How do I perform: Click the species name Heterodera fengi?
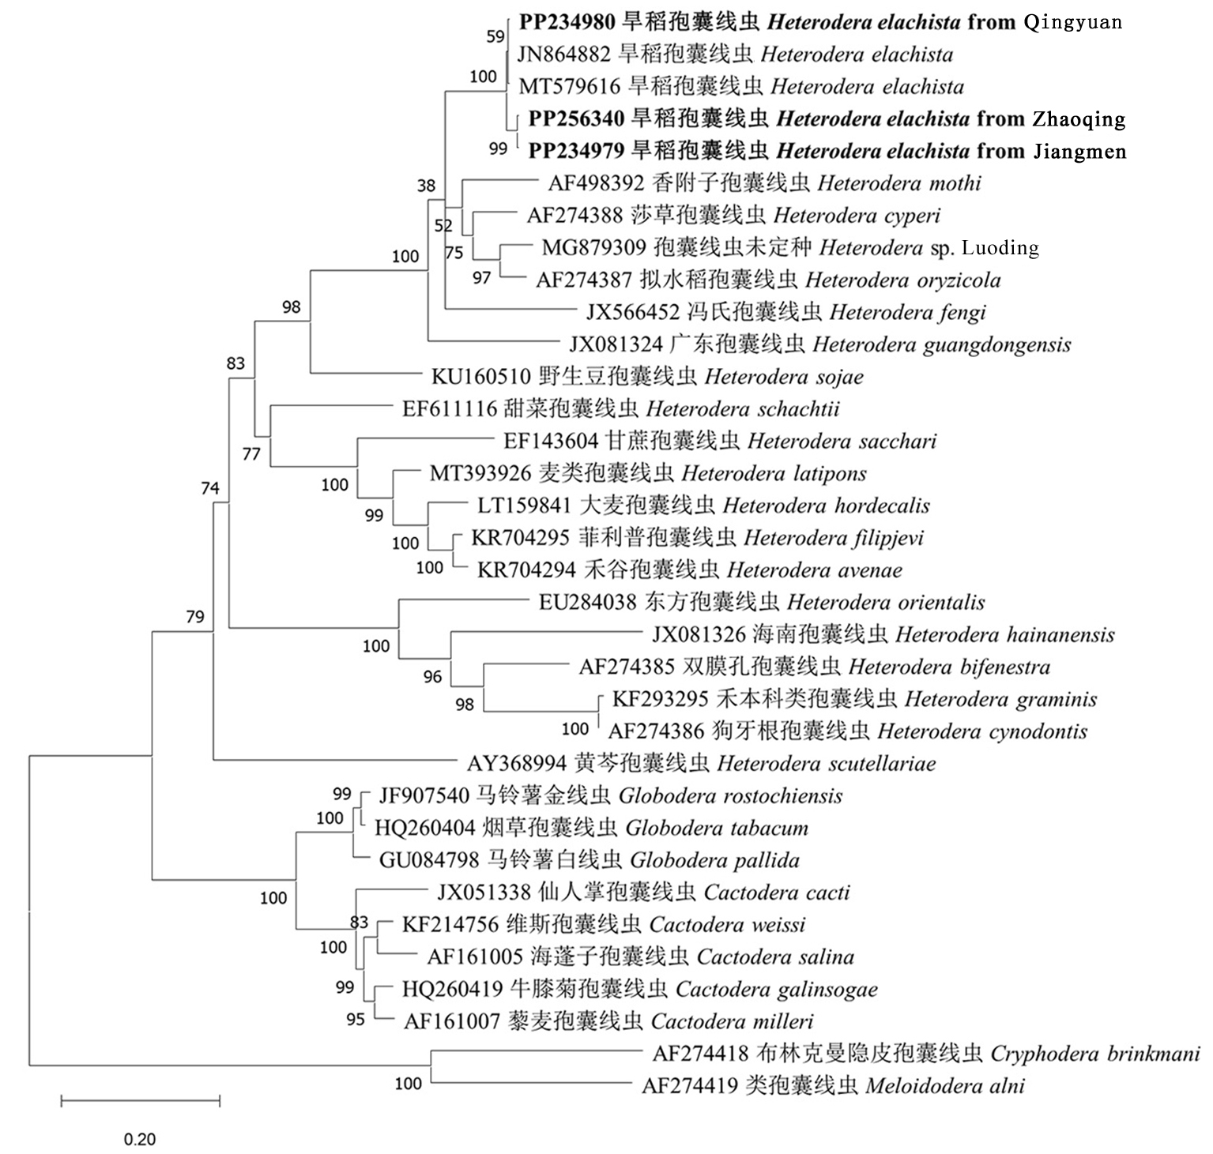point(908,313)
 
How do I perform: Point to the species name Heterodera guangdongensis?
point(941,344)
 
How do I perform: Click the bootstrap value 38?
point(427,186)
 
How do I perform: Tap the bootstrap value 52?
point(444,227)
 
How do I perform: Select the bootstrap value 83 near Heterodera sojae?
point(235,363)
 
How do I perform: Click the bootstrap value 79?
point(195,617)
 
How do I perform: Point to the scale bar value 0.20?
point(140,1139)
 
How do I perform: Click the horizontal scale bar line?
point(140,1100)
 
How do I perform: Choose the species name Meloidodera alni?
point(945,1086)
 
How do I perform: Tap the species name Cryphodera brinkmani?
point(1094,1054)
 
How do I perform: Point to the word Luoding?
point(1000,248)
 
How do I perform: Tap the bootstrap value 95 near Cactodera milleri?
point(356,1020)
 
